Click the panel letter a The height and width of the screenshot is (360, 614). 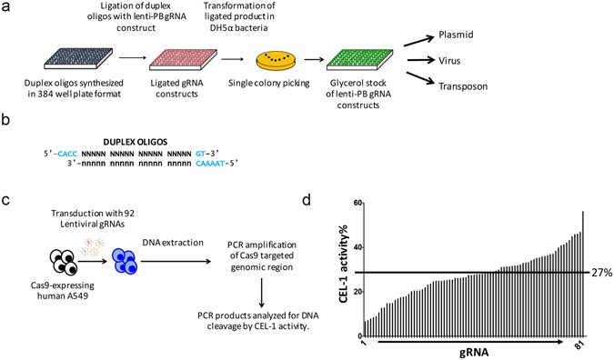click(6, 7)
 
